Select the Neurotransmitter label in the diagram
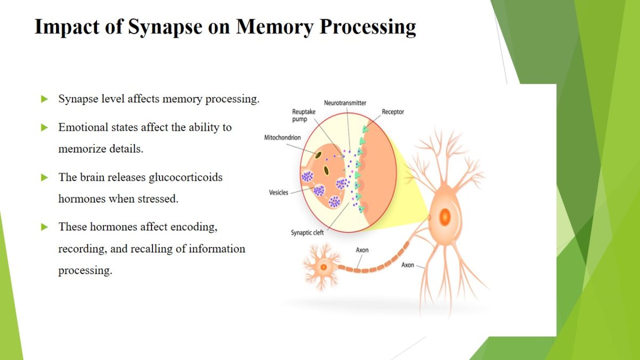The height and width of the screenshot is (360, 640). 345,102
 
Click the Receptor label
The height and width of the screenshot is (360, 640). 393,112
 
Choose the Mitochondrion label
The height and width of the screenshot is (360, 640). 282,138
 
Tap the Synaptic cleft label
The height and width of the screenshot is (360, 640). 307,233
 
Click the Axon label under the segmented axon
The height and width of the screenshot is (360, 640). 362,250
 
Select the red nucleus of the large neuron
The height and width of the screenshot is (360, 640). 444,217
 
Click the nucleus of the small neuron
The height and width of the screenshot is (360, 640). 323,265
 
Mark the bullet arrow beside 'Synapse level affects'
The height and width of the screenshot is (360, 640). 45,99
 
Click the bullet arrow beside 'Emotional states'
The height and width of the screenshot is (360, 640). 45,127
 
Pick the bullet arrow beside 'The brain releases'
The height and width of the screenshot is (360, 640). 45,178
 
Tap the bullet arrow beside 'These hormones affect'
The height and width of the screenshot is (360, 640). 45,227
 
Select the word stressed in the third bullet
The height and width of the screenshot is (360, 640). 160,199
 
